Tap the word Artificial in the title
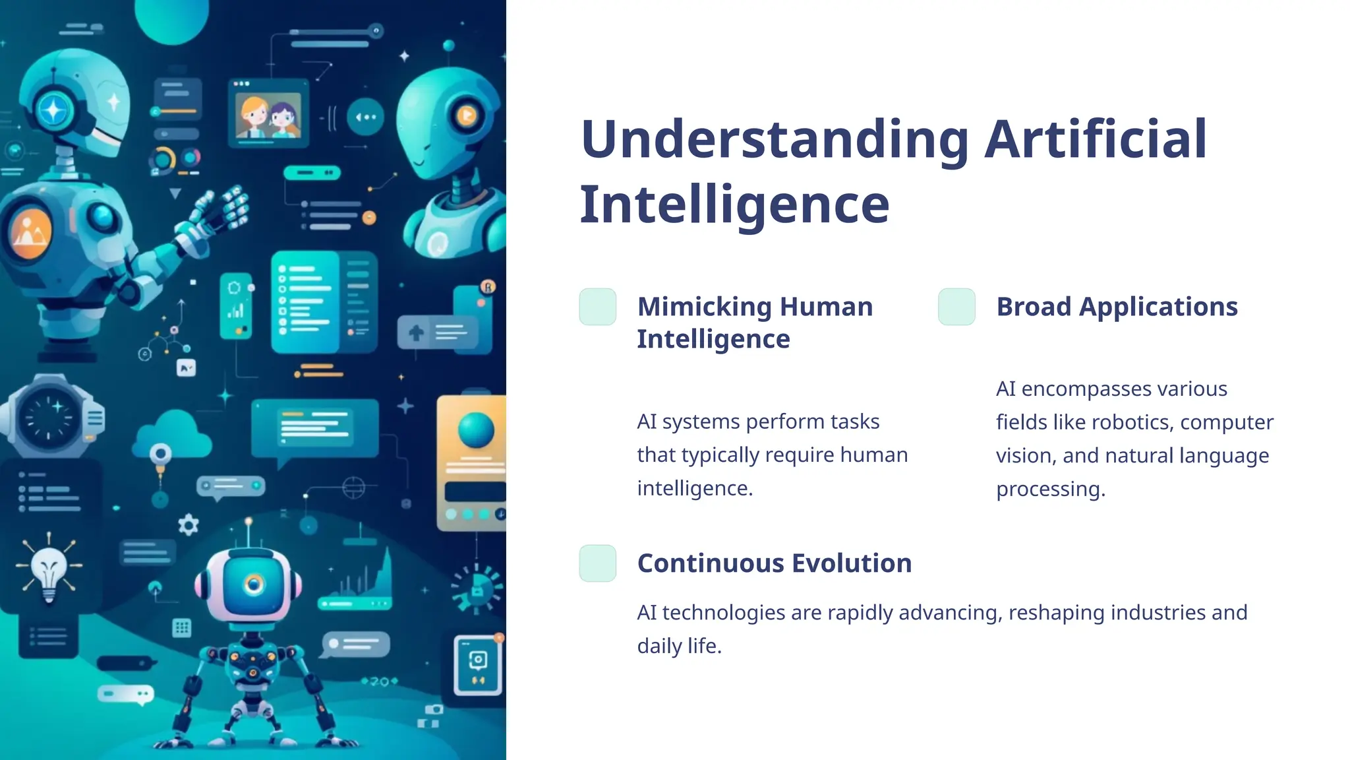pos(1095,140)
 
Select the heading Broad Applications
pos(1117,307)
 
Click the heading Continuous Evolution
pos(774,563)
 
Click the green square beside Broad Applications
pos(956,307)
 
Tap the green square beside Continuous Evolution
pos(597,563)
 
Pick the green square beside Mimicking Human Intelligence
pos(597,307)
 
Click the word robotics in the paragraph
pos(1134,422)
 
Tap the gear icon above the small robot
pos(189,525)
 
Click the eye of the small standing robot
pos(253,584)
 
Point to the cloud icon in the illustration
pos(173,435)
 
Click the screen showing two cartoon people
pos(268,113)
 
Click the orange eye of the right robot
pos(466,116)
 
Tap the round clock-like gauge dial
pos(49,417)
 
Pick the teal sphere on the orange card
pos(475,429)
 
